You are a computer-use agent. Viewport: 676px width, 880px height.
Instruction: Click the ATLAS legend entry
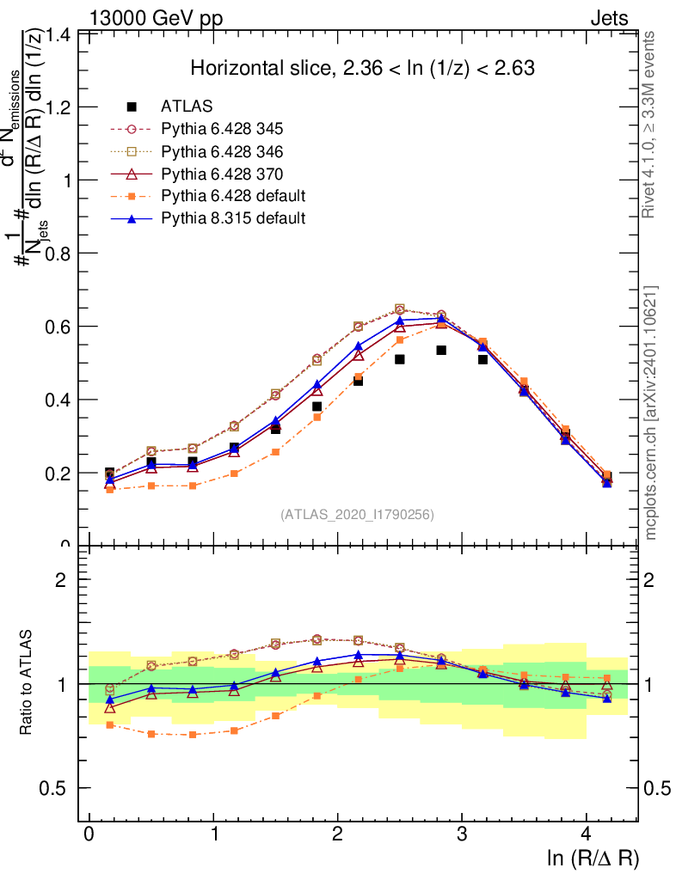[187, 107]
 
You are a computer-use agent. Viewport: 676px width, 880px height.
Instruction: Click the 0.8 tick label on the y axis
[59, 254]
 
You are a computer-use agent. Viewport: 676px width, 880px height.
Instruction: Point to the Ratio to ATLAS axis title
[27, 684]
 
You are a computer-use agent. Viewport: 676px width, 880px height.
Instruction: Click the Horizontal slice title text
[362, 69]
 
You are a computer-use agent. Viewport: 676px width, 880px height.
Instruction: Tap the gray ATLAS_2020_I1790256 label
[357, 515]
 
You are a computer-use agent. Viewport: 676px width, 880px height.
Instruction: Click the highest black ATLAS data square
[441, 350]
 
